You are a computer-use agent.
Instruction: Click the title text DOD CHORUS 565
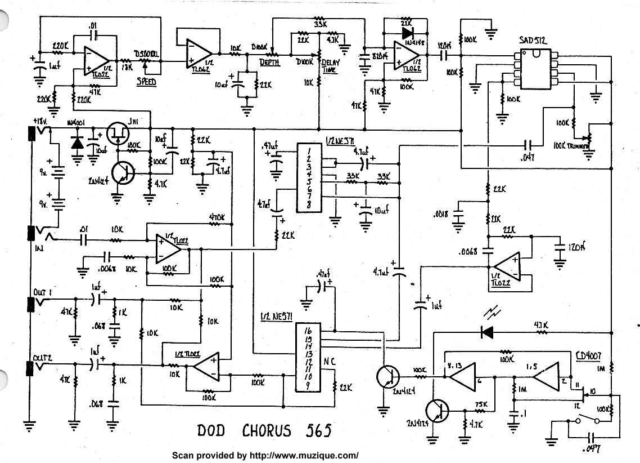pos(264,431)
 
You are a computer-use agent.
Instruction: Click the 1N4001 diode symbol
pos(77,143)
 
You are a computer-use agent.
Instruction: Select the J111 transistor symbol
pos(119,133)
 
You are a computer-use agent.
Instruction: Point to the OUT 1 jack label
pos(43,292)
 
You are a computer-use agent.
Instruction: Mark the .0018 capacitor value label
pos(441,215)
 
